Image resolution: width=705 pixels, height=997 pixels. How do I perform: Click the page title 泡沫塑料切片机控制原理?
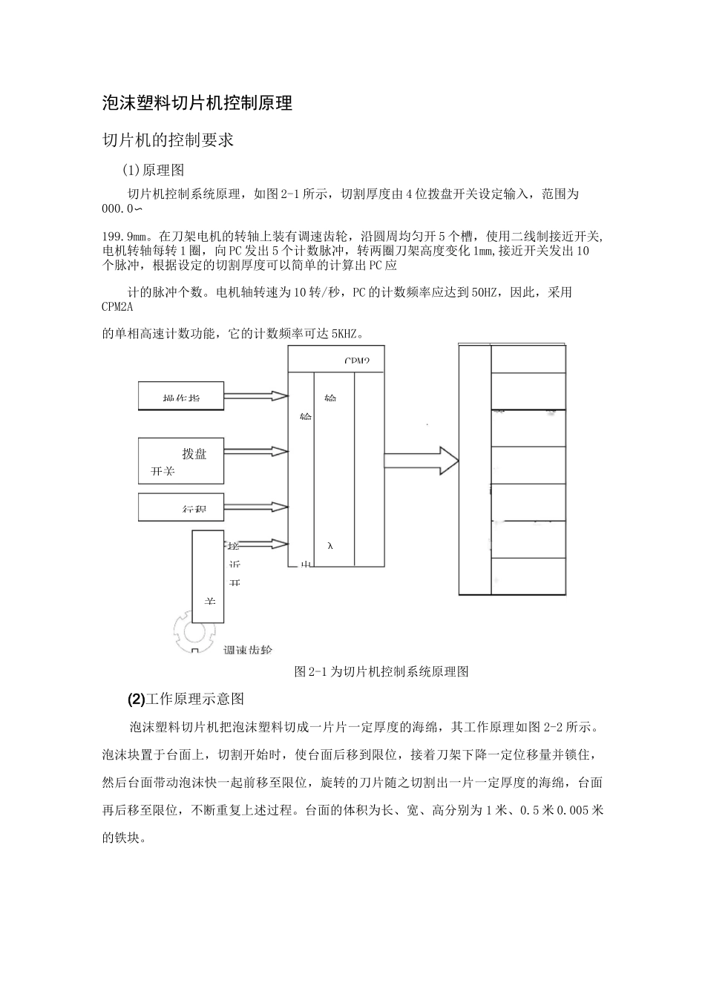point(197,103)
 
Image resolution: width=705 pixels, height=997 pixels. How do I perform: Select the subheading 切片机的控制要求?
point(168,139)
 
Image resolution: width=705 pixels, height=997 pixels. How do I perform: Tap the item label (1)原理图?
point(153,170)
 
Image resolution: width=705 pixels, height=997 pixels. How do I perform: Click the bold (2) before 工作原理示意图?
point(137,699)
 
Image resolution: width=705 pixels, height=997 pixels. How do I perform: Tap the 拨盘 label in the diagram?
point(194,454)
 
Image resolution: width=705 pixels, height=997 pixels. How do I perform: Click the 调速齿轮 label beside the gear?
point(248,650)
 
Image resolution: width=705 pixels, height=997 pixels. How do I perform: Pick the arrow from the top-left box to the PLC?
point(255,396)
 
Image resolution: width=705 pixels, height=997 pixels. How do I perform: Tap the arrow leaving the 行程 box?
point(255,507)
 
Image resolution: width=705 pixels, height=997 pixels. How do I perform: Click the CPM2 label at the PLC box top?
point(356,361)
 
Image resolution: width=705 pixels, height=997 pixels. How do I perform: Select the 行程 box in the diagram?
point(181,507)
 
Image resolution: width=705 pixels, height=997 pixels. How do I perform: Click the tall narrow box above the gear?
point(208,576)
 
